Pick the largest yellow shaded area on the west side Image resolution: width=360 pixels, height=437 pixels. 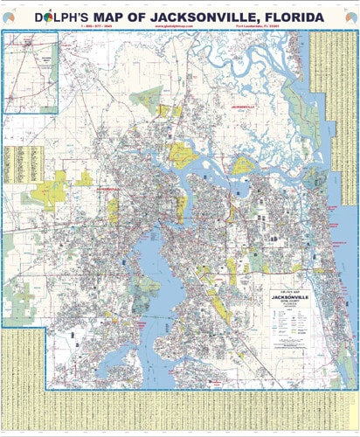pyautogui.click(x=52, y=187)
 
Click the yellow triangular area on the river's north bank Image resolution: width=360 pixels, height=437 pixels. pyautogui.click(x=183, y=155)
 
